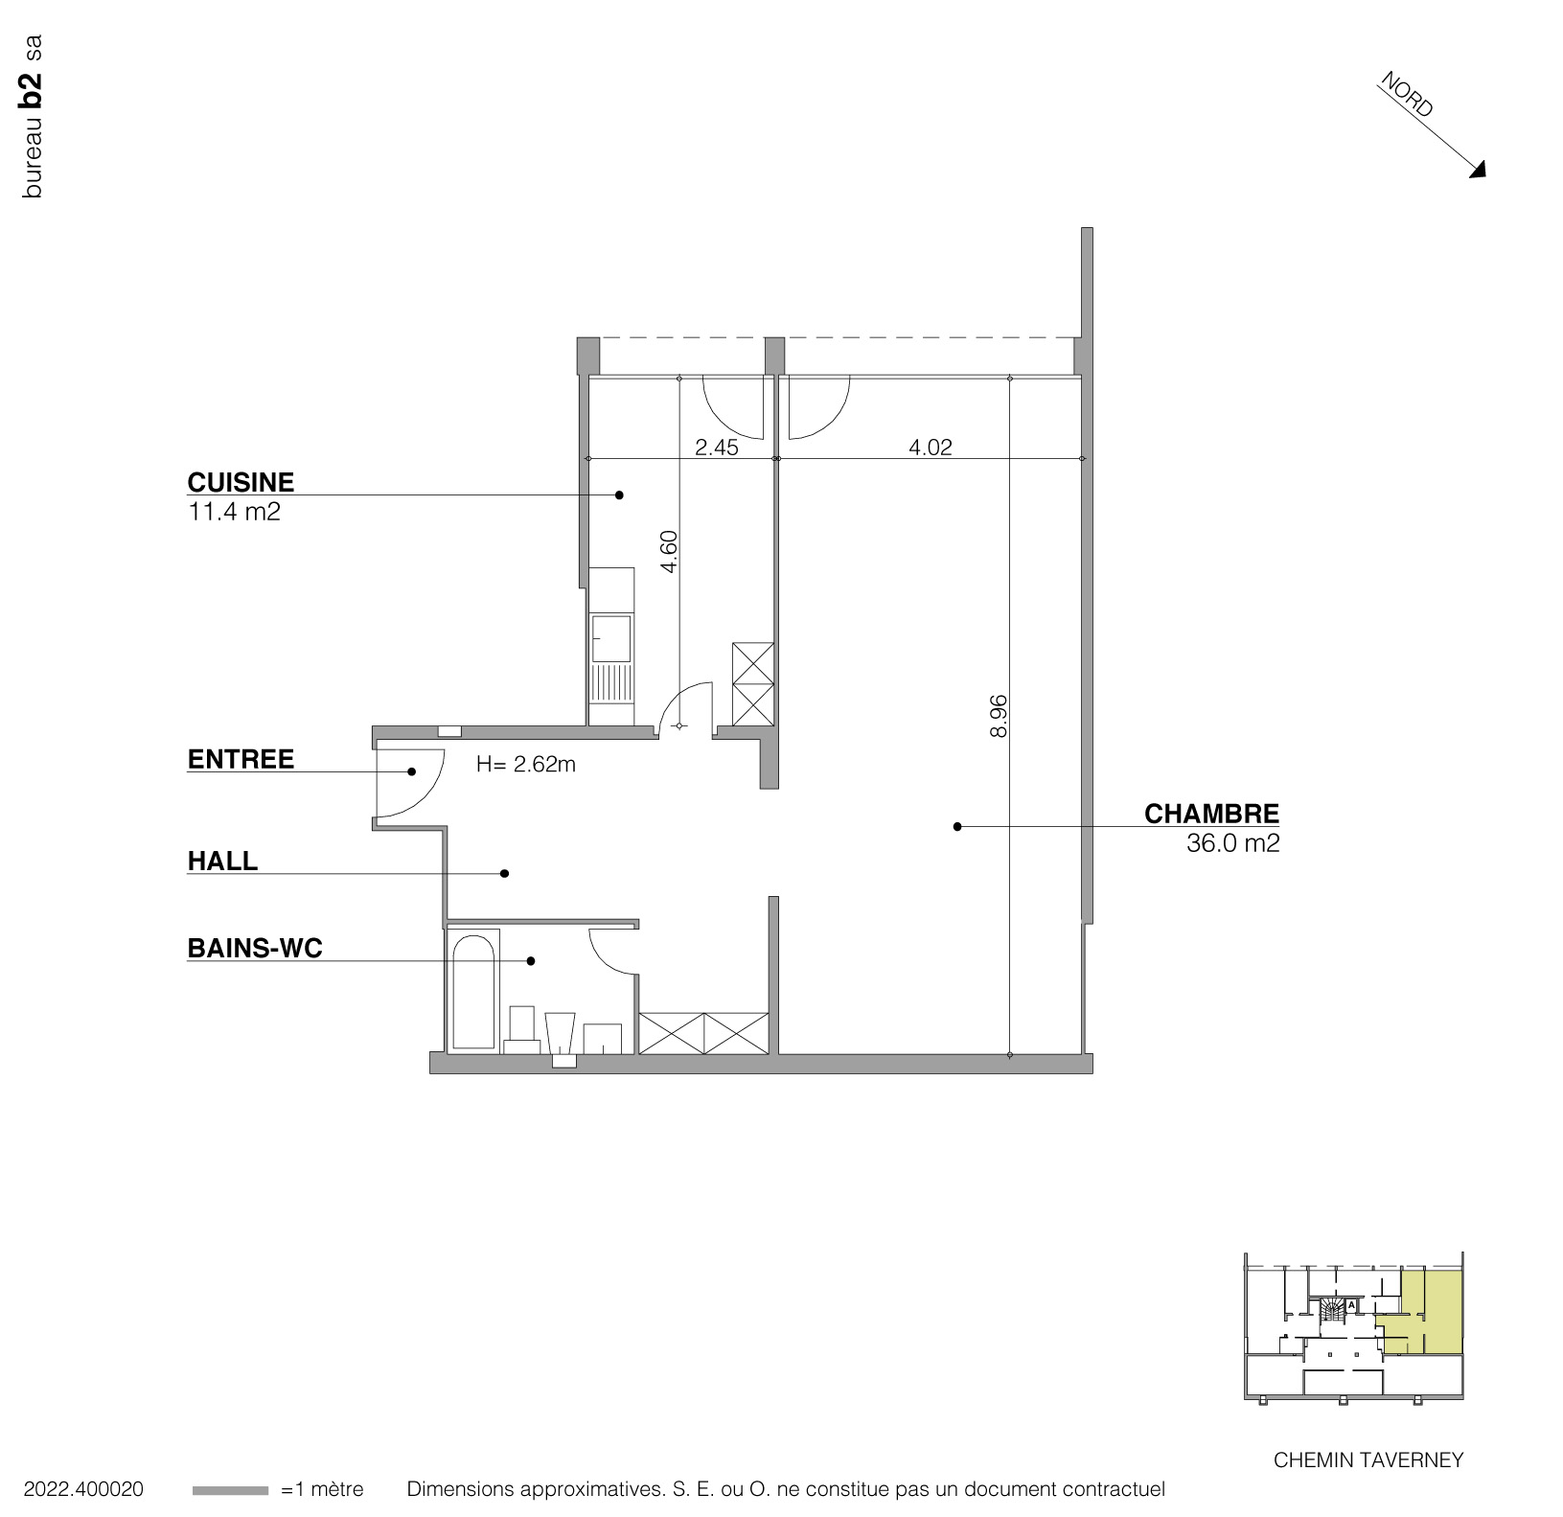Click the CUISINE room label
241,482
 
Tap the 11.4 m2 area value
234,512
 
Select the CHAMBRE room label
1211,814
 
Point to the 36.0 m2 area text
1232,843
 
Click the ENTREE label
241,759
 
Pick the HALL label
222,861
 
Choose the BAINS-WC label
255,948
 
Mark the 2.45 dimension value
717,447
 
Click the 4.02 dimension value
930,447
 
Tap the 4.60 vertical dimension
670,552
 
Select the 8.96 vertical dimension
999,715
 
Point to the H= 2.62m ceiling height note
526,765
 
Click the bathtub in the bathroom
473,992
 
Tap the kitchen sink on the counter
611,639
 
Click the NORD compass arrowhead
1479,171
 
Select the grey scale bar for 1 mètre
230,1490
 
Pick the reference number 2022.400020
83,1489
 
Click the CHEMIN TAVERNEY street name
1368,1460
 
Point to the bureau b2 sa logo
32,117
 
